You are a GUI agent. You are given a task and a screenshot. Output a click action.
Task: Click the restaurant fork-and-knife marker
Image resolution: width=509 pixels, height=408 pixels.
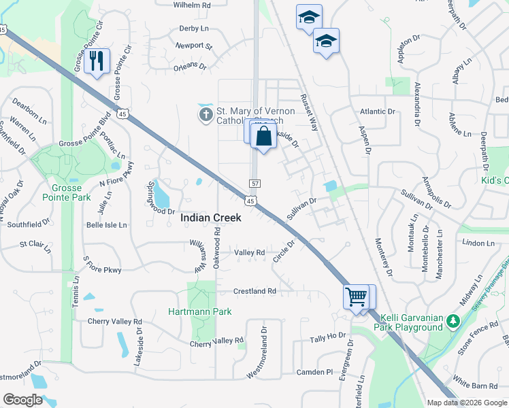(x=97, y=61)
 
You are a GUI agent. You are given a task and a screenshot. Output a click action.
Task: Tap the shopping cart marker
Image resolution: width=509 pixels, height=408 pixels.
(x=355, y=296)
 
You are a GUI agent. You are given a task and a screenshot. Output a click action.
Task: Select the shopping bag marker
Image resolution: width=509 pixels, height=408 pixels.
(x=263, y=136)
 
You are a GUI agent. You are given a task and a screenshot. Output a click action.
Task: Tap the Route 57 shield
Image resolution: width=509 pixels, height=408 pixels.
(x=255, y=184)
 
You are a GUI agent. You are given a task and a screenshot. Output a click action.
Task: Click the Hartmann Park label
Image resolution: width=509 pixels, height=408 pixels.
(x=200, y=311)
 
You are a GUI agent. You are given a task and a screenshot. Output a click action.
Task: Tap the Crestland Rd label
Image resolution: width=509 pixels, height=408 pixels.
(x=255, y=291)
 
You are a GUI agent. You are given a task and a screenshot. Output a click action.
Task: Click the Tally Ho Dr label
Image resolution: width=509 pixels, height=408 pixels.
(x=328, y=337)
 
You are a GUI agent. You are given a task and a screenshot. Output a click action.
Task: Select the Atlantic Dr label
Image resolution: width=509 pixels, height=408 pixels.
(x=378, y=112)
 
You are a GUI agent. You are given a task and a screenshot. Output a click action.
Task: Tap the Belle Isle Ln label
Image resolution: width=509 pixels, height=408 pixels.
(x=105, y=224)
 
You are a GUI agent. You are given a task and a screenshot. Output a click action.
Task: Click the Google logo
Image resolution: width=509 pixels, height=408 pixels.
(x=22, y=400)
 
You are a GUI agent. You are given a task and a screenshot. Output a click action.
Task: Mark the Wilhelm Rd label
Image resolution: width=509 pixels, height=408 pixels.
(x=193, y=5)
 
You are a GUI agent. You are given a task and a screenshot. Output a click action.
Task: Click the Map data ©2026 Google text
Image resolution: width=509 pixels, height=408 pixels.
(x=466, y=403)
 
